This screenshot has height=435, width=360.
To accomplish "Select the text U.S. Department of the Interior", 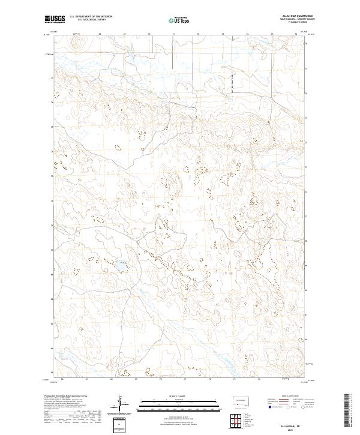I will [91, 17].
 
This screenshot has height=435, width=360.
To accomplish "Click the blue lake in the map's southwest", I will [120, 265].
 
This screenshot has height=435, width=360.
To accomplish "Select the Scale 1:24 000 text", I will [180, 396].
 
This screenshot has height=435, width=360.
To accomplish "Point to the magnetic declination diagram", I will [120, 406].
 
